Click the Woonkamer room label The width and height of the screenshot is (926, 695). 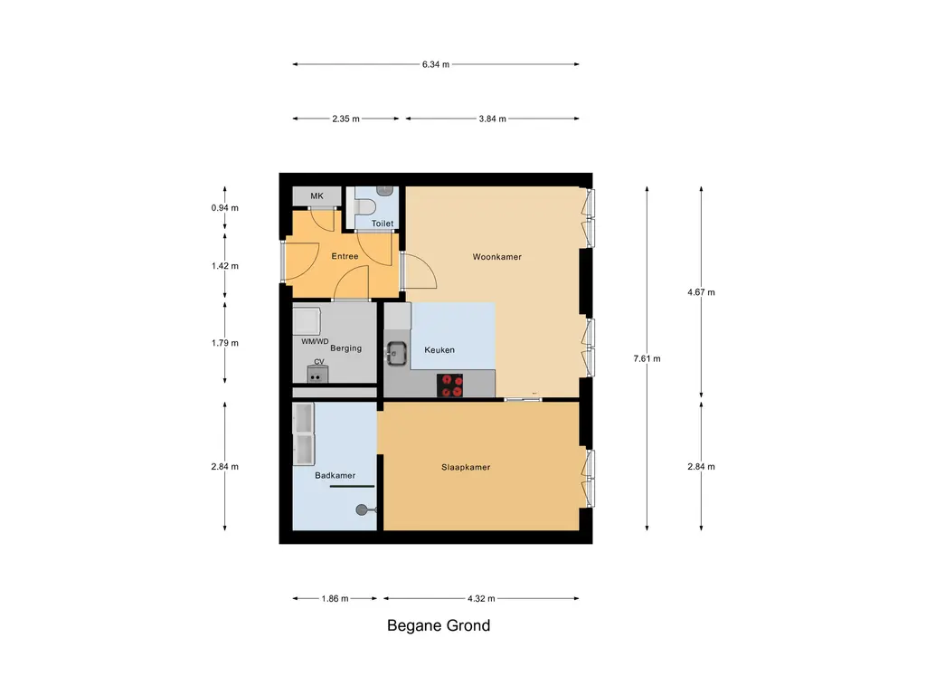click(496, 257)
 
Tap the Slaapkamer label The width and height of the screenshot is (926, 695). click(466, 468)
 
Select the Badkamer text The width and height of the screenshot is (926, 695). click(335, 475)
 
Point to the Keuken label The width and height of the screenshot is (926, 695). click(439, 350)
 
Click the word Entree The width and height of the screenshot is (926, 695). click(345, 256)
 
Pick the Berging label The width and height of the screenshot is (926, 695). click(345, 348)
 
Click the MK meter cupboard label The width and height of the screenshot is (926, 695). click(317, 196)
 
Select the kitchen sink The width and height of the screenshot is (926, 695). click(396, 352)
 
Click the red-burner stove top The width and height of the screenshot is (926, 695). click(451, 386)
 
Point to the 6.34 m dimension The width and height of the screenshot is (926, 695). click(435, 64)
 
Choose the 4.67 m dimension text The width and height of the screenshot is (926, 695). click(702, 292)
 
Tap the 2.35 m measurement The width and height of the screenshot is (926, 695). click(345, 119)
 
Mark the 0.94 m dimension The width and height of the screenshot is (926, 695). click(224, 207)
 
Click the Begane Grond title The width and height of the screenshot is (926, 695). click(439, 625)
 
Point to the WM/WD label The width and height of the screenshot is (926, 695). click(315, 342)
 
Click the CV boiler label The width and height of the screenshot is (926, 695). click(318, 362)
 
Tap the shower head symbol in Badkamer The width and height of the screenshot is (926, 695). click(364, 509)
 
